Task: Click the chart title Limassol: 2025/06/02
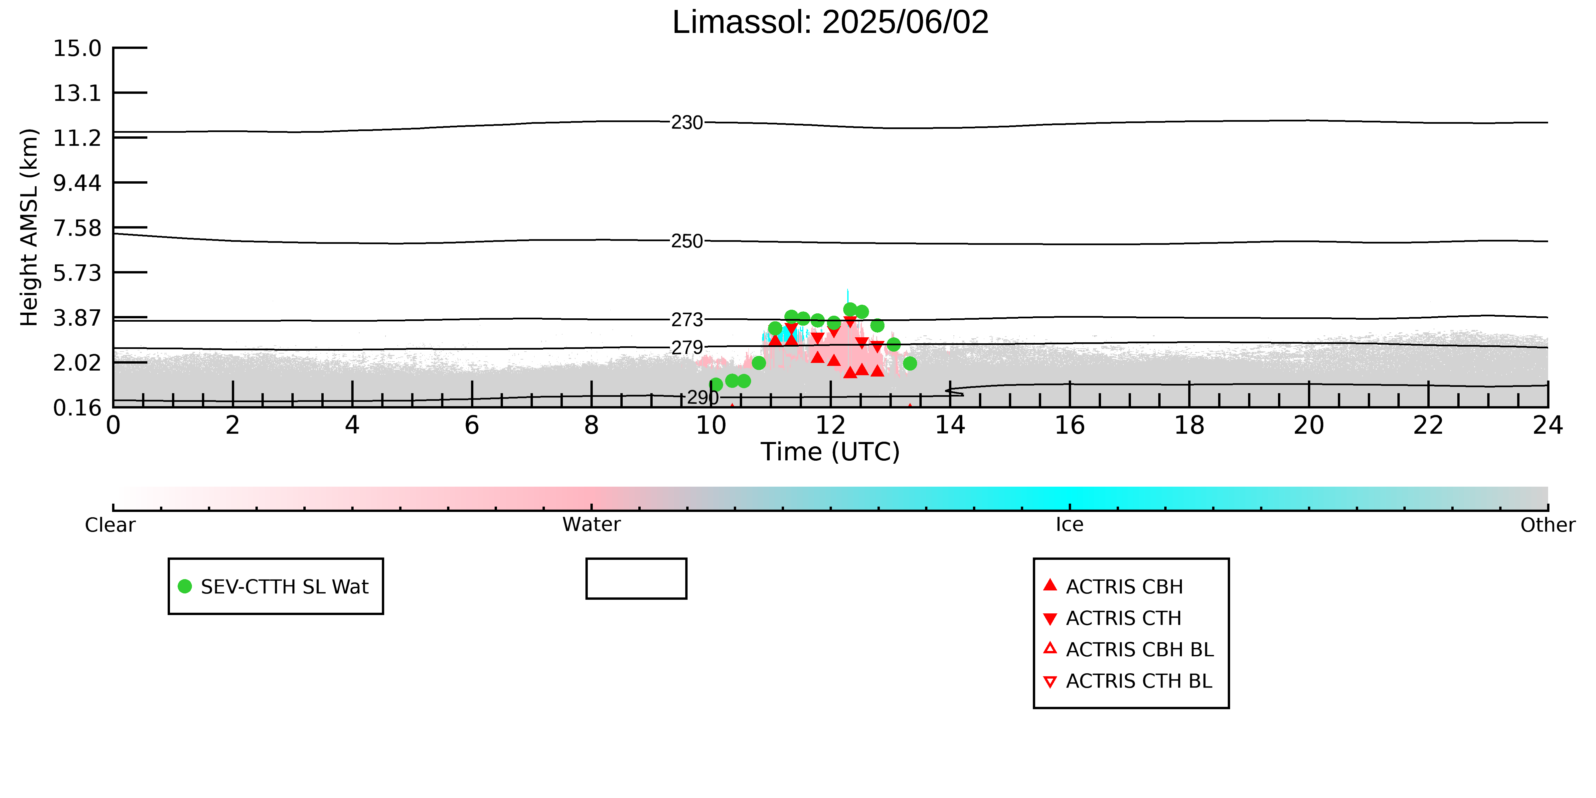point(830,22)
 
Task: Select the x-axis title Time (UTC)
point(830,452)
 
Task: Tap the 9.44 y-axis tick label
point(78,183)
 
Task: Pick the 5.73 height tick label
point(78,273)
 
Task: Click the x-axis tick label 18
point(1190,426)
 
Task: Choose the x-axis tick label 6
point(472,426)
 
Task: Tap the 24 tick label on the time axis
point(1548,426)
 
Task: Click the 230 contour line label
point(687,123)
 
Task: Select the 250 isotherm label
point(687,241)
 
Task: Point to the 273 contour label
point(687,320)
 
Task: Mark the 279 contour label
point(687,348)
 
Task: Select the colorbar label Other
point(1548,525)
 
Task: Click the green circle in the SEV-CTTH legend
point(185,586)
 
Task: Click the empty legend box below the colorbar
point(636,579)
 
